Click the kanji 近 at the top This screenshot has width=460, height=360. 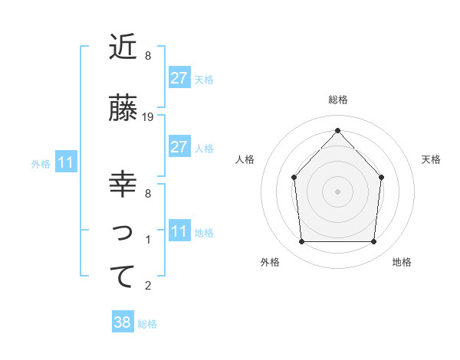[123, 47]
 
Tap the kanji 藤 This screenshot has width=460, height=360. [123, 109]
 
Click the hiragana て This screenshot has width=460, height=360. [123, 277]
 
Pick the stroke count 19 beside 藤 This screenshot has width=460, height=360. [149, 117]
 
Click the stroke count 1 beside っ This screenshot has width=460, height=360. [148, 240]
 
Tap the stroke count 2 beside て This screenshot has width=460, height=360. [148, 286]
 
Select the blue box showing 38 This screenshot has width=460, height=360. [123, 323]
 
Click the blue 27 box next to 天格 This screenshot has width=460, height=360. [179, 78]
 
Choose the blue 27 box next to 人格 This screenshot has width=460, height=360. [179, 147]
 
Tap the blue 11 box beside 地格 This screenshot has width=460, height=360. [179, 231]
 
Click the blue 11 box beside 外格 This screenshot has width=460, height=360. [65, 162]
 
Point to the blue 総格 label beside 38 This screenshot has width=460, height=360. [147, 324]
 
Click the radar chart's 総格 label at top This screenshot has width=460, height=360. [337, 100]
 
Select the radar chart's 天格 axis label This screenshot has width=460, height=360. [431, 159]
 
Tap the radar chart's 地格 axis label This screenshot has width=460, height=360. [402, 262]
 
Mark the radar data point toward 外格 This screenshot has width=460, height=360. [301, 242]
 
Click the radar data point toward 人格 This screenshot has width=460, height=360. [294, 178]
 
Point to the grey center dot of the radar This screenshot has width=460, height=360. [337, 191]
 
